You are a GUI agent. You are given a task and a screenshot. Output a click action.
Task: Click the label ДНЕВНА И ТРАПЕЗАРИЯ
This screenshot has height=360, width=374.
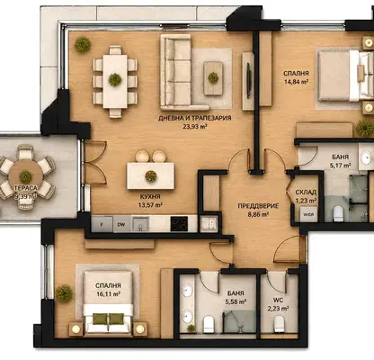(195, 118)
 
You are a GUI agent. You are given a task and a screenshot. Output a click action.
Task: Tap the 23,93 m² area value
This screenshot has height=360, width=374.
(195, 127)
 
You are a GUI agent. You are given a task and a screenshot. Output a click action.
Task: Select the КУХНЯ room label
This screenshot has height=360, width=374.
(150, 197)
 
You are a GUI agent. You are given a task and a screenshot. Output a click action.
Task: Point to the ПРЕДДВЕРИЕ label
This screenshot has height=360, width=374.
(258, 206)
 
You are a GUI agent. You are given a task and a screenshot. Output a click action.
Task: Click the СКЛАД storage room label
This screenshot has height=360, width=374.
(306, 192)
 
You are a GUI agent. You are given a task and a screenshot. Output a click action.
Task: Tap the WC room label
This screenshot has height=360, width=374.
(278, 300)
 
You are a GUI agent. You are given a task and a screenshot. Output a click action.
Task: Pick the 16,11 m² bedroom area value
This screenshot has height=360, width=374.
(108, 294)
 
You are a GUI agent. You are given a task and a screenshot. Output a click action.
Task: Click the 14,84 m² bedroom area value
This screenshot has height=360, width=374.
(297, 82)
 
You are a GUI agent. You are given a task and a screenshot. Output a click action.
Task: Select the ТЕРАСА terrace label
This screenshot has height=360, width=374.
(25, 188)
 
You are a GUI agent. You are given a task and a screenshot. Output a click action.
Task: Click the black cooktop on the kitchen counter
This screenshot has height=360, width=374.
(179, 224)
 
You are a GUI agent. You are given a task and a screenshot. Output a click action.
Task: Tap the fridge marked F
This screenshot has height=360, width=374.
(102, 224)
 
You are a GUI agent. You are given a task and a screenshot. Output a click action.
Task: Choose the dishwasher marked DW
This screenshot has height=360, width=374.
(121, 224)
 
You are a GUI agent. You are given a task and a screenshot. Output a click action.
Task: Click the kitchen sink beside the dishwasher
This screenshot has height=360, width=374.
(140, 224)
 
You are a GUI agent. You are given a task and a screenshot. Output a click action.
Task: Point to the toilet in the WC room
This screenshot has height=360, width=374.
(279, 324)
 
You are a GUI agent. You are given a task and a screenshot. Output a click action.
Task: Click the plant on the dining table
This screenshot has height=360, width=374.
(115, 79)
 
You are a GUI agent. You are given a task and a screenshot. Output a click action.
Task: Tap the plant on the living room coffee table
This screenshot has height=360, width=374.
(213, 77)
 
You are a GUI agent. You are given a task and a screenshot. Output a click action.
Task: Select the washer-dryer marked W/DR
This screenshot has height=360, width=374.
(308, 214)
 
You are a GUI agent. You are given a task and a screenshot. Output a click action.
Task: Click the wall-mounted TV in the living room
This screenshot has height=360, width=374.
(248, 80)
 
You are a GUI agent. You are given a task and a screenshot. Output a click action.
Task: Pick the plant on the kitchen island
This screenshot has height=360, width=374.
(151, 176)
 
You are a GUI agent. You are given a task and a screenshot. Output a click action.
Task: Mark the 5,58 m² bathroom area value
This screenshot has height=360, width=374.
(236, 301)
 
